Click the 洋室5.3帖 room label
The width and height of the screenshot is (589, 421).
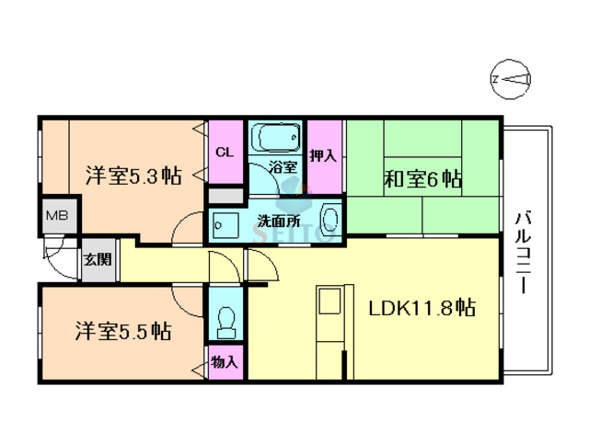(133, 175)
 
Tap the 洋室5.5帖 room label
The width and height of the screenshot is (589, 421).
(122, 329)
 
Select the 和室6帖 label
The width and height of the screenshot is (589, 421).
(422, 180)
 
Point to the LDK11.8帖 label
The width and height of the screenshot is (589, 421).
(422, 308)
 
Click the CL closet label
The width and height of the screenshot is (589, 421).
(224, 152)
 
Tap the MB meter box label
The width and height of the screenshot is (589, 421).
(57, 218)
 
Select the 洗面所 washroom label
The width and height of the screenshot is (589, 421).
(275, 222)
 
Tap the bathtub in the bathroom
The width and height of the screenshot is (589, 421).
(277, 139)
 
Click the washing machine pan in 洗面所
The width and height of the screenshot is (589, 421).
(225, 223)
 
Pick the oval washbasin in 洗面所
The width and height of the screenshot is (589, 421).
(330, 221)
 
